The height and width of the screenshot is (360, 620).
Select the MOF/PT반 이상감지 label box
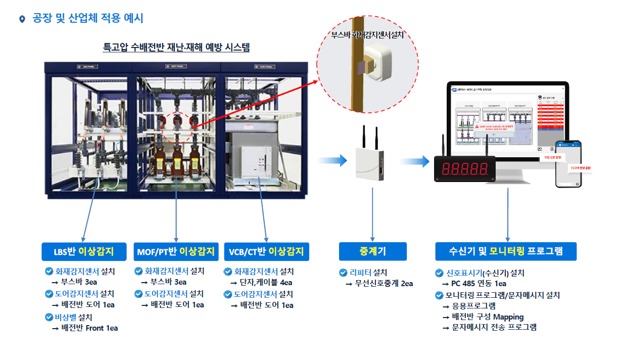[x=176, y=251]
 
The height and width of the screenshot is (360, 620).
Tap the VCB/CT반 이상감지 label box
[x=266, y=251]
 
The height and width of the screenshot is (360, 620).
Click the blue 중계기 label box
[x=372, y=251]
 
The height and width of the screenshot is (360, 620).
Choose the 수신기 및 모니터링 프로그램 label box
[x=506, y=251]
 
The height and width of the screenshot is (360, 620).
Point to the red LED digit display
[x=465, y=168]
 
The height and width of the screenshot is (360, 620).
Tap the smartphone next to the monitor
[x=568, y=163]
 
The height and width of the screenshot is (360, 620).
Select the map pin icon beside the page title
[x=22, y=19]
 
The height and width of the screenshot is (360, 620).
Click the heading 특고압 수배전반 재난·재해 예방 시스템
[x=176, y=48]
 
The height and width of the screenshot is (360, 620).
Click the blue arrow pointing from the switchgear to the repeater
[x=332, y=161]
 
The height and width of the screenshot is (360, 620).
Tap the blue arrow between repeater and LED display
[x=414, y=161]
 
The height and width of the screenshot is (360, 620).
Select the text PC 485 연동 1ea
[x=479, y=284]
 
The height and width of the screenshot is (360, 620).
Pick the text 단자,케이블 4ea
[x=266, y=283]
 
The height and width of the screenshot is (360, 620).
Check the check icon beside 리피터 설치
[x=343, y=273]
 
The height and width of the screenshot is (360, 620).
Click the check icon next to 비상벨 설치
[x=49, y=317]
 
